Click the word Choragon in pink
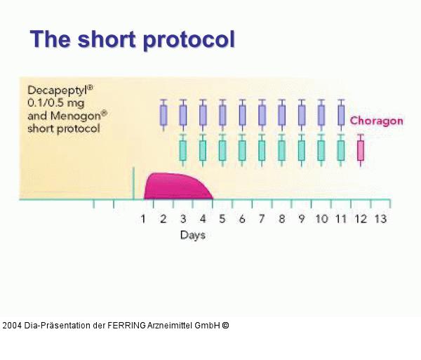[377, 121]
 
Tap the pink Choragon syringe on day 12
[361, 150]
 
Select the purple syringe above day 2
[163, 114]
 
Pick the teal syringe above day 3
[183, 150]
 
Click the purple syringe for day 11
[342, 114]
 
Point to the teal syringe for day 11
[341, 150]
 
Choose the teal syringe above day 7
[262, 150]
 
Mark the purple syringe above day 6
[243, 114]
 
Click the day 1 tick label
[143, 219]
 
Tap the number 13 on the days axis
[380, 219]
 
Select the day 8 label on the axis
[281, 219]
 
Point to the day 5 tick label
[222, 219]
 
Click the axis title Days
[192, 235]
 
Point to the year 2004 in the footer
[12, 326]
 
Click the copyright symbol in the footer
[225, 326]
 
